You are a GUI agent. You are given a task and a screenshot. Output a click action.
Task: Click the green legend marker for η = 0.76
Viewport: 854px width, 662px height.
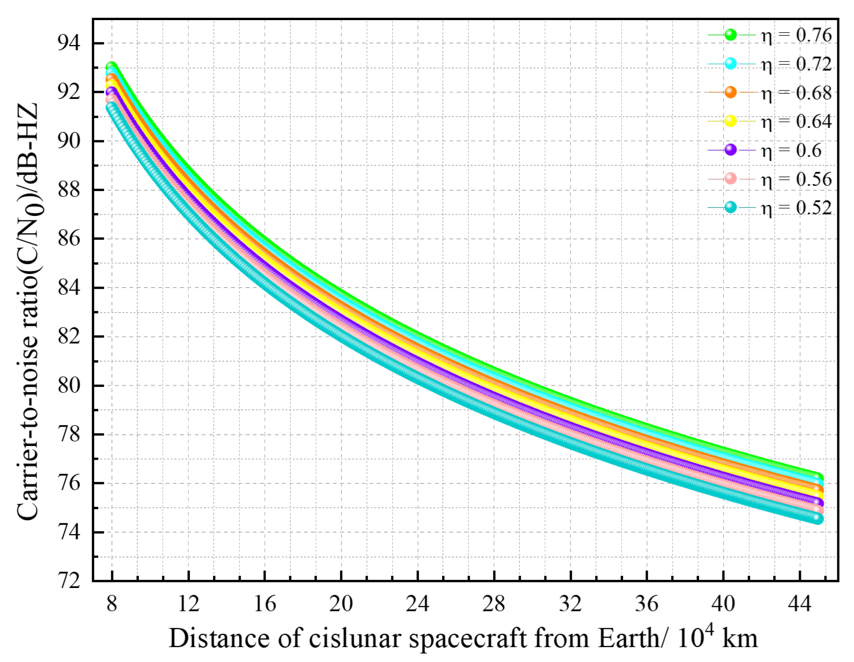click(730, 35)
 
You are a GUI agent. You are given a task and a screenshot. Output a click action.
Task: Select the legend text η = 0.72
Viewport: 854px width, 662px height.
click(796, 64)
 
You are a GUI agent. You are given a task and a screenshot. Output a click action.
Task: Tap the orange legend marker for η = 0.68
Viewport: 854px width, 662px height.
click(730, 93)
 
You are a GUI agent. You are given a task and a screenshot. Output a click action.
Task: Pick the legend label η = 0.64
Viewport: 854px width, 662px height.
click(796, 121)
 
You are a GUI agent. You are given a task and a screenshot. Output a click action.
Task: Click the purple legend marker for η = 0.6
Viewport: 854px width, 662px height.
click(730, 150)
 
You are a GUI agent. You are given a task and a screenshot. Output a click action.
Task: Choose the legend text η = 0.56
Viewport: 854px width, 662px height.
click(796, 179)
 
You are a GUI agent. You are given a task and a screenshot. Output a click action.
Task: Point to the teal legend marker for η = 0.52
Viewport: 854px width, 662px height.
click(730, 208)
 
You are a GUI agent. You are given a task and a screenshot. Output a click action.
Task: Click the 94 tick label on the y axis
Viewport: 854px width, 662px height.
click(68, 43)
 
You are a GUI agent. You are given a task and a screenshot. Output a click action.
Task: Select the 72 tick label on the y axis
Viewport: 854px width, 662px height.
click(68, 581)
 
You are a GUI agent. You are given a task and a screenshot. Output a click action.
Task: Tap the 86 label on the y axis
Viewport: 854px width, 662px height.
click(68, 238)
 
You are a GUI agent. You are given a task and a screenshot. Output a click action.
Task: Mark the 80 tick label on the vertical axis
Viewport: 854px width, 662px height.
click(68, 385)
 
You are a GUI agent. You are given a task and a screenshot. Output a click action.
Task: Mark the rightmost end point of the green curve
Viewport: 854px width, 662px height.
click(818, 478)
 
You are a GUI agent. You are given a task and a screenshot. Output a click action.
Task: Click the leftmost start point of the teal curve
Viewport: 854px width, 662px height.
click(111, 107)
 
